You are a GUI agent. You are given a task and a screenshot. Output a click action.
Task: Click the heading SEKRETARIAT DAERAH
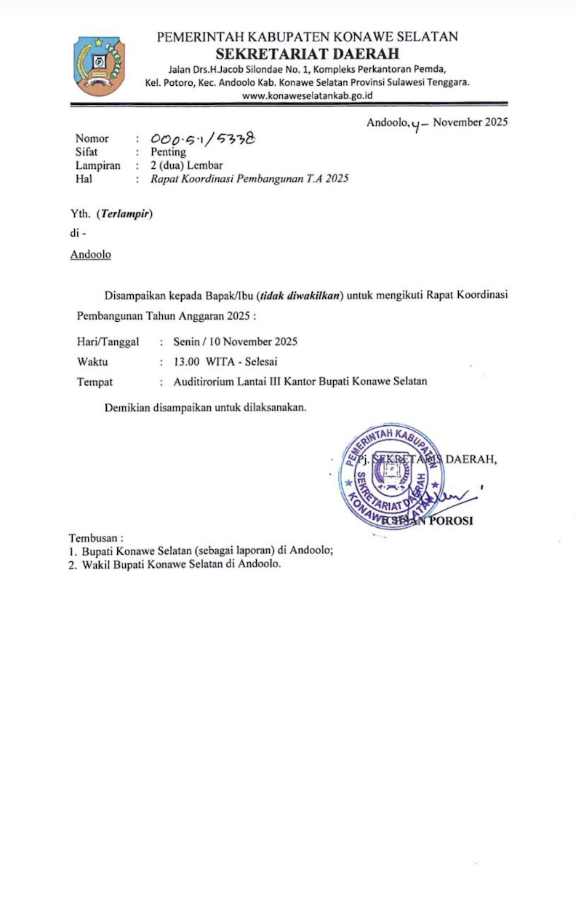[308, 53]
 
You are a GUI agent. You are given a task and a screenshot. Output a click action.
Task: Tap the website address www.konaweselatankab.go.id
[308, 95]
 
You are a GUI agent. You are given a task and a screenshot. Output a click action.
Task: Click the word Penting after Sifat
[168, 152]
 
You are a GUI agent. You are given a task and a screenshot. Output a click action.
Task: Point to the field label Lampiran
[98, 165]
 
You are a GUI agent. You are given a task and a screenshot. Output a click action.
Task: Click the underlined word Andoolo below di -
[90, 255]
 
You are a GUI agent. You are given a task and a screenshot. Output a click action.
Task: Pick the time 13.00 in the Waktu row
[186, 362]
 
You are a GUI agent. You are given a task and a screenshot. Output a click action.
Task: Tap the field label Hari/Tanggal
[108, 341]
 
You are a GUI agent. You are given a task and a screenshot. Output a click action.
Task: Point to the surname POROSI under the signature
[452, 521]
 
